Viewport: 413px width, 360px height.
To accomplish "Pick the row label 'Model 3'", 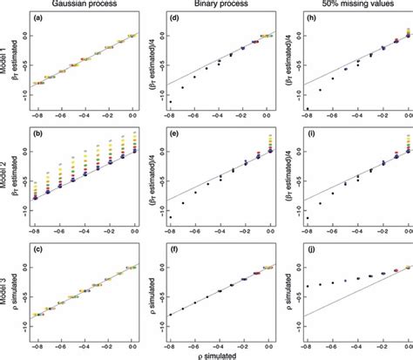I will pos(7,289).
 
